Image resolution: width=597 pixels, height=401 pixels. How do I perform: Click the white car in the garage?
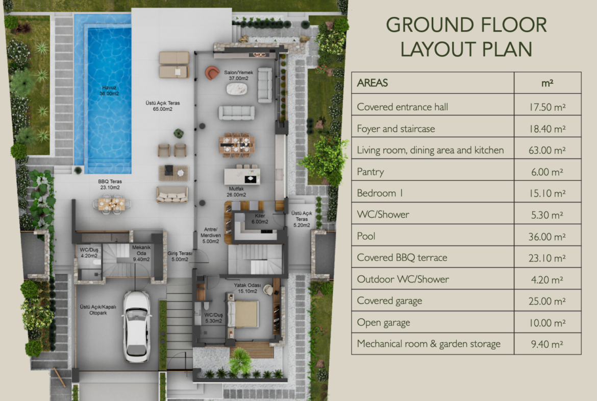pyautogui.click(x=136, y=326)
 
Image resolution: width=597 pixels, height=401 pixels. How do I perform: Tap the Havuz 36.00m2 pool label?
pyautogui.click(x=109, y=91)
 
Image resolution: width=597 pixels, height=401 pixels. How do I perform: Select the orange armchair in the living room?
pyautogui.click(x=212, y=73)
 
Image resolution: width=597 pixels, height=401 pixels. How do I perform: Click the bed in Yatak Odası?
pyautogui.click(x=243, y=314)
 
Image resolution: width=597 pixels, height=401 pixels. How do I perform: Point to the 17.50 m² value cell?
pyautogui.click(x=547, y=107)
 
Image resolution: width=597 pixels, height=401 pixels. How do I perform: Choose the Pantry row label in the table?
pyautogui.click(x=370, y=172)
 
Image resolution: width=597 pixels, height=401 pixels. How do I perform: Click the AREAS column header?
pyautogui.click(x=372, y=83)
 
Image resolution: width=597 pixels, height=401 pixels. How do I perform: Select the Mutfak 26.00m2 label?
pyautogui.click(x=236, y=192)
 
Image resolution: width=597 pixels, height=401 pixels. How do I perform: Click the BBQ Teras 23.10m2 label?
pyautogui.click(x=110, y=184)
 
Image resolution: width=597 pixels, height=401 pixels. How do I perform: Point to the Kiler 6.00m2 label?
pyautogui.click(x=260, y=219)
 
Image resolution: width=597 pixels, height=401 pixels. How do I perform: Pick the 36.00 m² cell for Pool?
pyautogui.click(x=547, y=237)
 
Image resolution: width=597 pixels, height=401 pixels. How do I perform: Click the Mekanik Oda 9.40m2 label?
pyautogui.click(x=141, y=253)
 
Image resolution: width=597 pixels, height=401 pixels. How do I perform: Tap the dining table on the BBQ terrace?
pyautogui.click(x=112, y=203)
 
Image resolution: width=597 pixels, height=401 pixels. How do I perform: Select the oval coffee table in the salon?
pyautogui.click(x=237, y=89)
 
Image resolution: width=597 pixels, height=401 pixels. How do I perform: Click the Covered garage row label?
pyautogui.click(x=389, y=301)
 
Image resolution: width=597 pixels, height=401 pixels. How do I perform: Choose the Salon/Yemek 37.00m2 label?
pyautogui.click(x=238, y=76)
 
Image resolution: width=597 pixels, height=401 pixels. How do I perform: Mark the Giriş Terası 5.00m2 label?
pyautogui.click(x=180, y=256)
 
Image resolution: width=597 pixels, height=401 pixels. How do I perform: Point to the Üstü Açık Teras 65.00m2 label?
pyautogui.click(x=163, y=106)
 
